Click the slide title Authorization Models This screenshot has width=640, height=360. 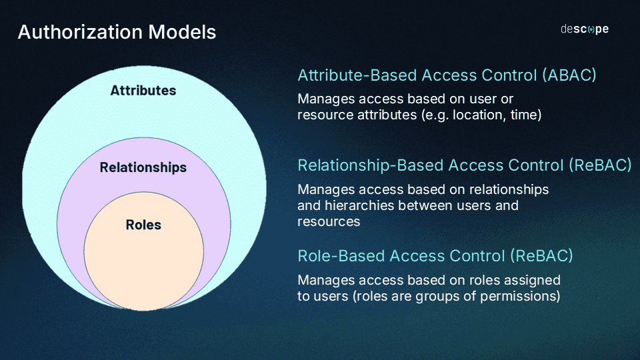[117, 32]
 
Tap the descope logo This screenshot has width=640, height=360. [584, 29]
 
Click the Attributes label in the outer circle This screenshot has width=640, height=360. [143, 90]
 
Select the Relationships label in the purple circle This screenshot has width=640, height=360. [143, 167]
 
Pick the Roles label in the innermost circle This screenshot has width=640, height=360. [143, 225]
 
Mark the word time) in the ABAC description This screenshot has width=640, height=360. [527, 115]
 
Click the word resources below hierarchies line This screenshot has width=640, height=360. [329, 221]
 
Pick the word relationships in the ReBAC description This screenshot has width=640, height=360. [507, 189]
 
